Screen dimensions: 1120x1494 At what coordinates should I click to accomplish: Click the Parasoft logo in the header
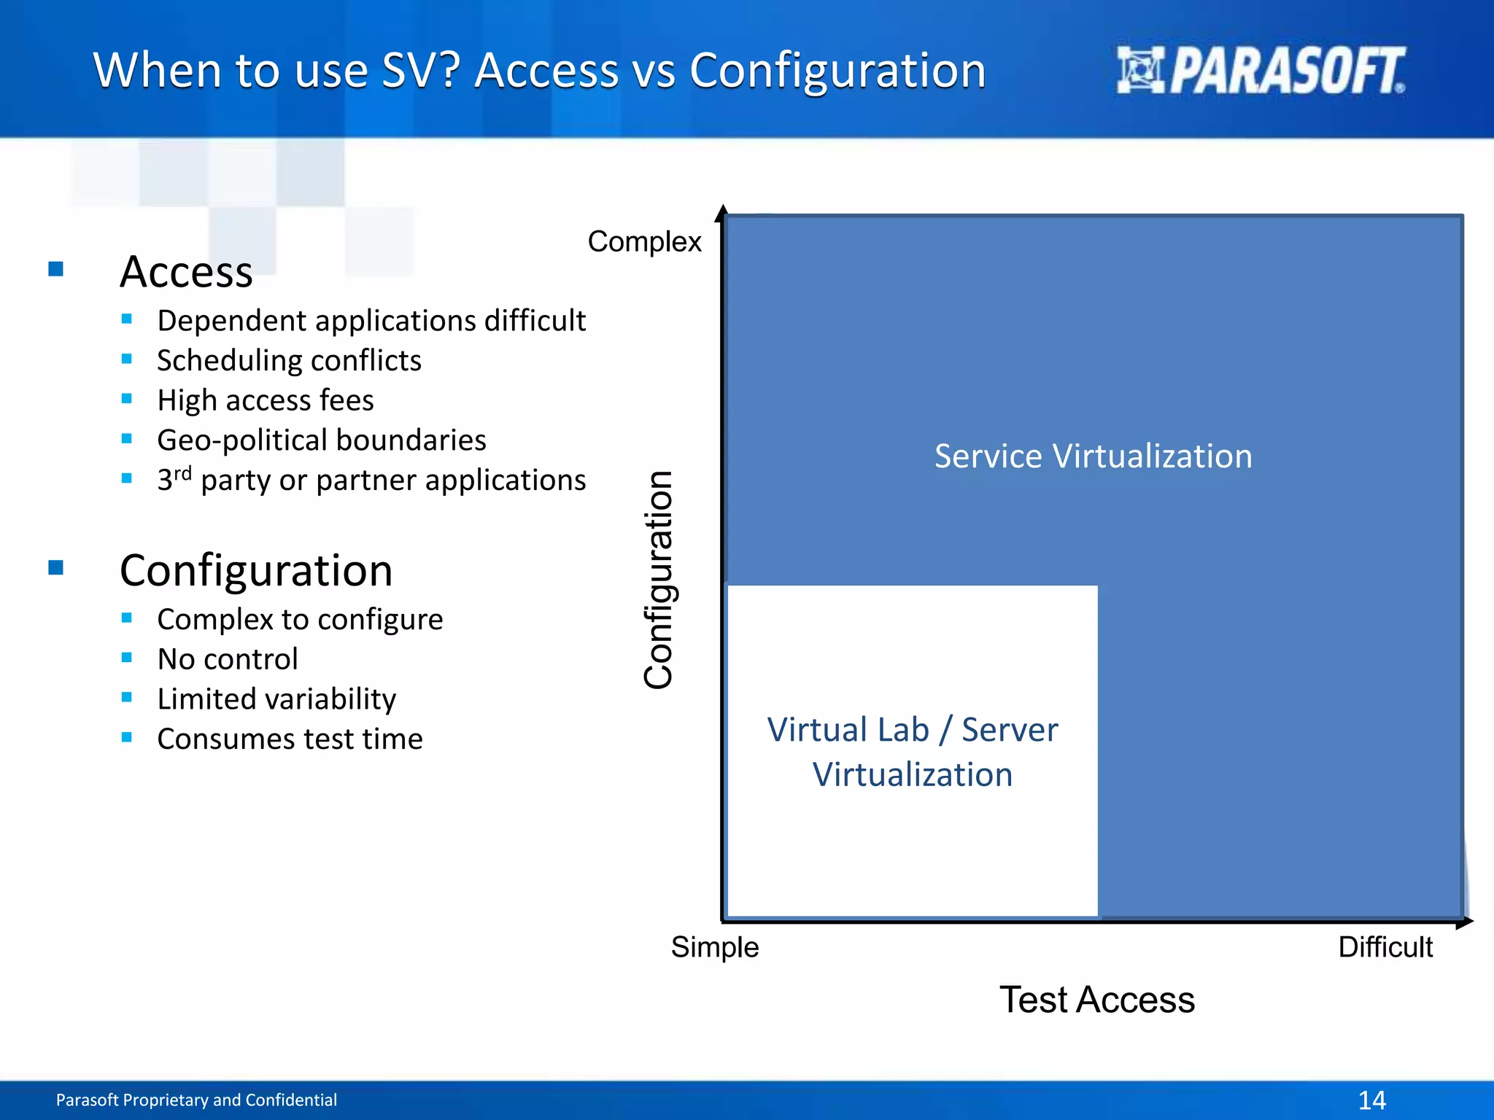[1260, 70]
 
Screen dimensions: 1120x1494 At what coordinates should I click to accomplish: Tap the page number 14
[1371, 1100]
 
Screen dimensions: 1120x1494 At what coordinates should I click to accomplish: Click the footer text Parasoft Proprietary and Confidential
[196, 1100]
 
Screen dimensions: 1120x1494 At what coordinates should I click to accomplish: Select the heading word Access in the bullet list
[186, 271]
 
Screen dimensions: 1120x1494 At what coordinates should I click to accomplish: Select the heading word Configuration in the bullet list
[256, 570]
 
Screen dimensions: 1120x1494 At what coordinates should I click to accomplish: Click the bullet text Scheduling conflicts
[289, 360]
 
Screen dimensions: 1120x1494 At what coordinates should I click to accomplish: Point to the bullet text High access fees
[265, 400]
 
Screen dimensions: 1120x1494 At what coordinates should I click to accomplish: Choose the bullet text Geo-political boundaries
[321, 440]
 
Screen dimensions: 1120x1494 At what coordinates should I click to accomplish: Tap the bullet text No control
[228, 659]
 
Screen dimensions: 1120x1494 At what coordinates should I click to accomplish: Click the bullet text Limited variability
[276, 699]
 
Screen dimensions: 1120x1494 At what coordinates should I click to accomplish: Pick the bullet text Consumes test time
[290, 739]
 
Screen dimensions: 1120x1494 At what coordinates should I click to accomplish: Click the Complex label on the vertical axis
[644, 241]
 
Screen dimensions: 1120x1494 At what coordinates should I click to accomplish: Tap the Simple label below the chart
[715, 947]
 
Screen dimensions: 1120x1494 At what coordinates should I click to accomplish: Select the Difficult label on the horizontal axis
[1385, 947]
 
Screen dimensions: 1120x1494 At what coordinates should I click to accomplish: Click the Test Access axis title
[1096, 1000]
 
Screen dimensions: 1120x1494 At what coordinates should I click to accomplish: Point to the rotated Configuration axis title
[659, 580]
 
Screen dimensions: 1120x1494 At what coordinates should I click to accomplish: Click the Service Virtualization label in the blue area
[1093, 456]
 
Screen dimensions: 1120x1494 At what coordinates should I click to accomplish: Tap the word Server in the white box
[1010, 730]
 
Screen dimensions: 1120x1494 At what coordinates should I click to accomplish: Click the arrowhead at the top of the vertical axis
[722, 211]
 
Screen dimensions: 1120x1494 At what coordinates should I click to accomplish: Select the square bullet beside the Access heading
[56, 269]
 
